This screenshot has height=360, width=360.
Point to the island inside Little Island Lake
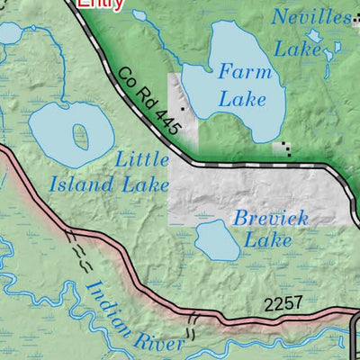tap(81, 136)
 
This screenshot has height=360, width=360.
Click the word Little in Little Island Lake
tap(142, 160)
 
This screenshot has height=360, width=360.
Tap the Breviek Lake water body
tap(217, 238)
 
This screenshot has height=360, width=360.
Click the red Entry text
tap(99, 4)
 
